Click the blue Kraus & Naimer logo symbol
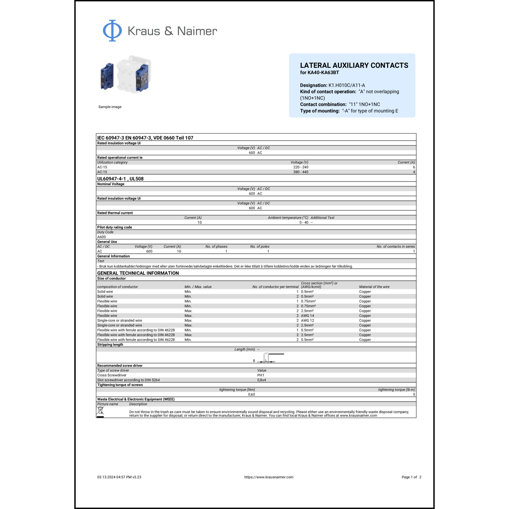tap(112, 31)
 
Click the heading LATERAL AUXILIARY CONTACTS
tap(354, 65)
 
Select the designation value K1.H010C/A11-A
tap(346, 85)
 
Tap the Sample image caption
tap(110, 107)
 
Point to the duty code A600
tap(101, 237)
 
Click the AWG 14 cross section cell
tap(307, 316)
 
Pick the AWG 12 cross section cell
tap(307, 320)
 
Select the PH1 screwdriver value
tap(261, 375)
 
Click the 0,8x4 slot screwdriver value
tap(261, 380)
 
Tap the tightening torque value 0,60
tap(251, 394)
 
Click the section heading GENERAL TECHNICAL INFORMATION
tap(138, 273)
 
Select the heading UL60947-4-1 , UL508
tap(120, 179)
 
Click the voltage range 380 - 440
tap(301, 172)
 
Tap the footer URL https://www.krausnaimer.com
tap(269, 477)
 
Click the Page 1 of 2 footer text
tap(411, 477)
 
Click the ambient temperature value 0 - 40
tap(304, 223)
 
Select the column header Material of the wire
tap(374, 287)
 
